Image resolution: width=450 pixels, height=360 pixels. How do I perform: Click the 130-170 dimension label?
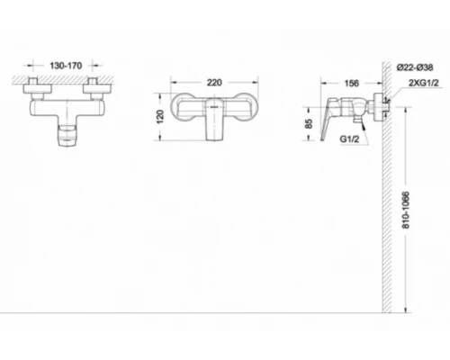pos(66,66)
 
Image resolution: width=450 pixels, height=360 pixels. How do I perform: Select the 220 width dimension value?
pos(214,82)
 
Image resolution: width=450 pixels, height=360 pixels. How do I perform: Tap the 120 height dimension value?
pos(160,117)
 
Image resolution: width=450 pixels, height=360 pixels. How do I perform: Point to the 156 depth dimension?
pos(351,83)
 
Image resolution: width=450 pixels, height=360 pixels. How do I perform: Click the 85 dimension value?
pos(309,123)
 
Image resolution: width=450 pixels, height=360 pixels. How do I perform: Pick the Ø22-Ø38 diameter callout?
pos(415,67)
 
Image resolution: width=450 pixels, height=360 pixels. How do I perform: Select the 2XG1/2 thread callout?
pos(423,83)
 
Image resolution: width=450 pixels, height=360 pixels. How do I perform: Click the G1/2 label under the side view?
pos(349,139)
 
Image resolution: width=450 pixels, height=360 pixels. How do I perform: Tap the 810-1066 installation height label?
pos(406,210)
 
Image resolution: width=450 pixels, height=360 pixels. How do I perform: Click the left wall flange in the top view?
pos(38,88)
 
